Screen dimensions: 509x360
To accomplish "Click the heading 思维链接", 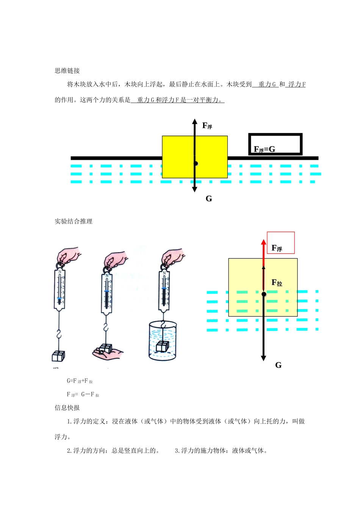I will (x=67, y=71).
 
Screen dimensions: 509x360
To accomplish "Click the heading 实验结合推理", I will (x=74, y=222).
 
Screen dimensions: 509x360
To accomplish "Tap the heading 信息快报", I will (x=67, y=408).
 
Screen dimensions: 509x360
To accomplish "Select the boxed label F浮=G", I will (x=265, y=149).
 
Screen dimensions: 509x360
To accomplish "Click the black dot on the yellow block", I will (x=196, y=164).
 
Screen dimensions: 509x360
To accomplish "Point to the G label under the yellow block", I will (x=209, y=199).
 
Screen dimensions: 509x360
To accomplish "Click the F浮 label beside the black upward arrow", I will (x=207, y=126).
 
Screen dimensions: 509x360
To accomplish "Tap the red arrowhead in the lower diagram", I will (x=264, y=242).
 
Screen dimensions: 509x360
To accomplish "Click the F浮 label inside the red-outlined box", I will (x=277, y=248).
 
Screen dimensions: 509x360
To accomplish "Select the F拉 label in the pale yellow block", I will (x=277, y=283).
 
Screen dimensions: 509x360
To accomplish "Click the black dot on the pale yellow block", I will (x=264, y=294).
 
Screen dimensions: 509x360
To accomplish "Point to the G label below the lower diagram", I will (x=279, y=365).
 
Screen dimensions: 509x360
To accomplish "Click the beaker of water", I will (x=163, y=341).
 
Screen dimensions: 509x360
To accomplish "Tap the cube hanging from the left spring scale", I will (x=58, y=356).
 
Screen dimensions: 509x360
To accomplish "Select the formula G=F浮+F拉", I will (x=80, y=381).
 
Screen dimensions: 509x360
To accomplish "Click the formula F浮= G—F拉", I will (x=83, y=395).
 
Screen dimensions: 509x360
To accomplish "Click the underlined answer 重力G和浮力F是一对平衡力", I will (x=178, y=100).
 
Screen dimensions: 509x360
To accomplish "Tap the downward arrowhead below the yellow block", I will (x=194, y=189).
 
